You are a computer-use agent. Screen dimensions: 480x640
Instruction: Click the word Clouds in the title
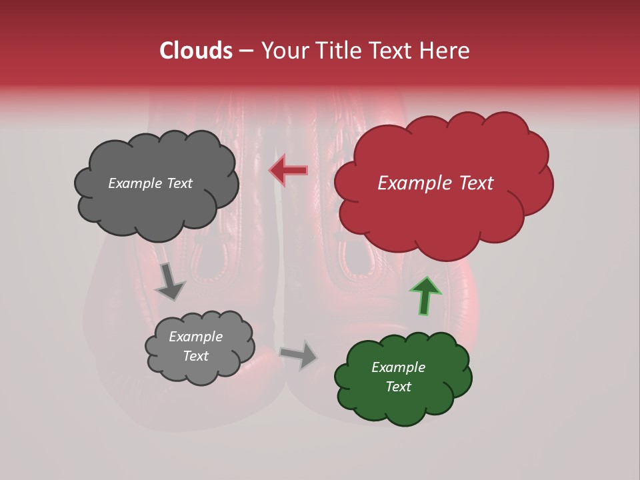(196, 51)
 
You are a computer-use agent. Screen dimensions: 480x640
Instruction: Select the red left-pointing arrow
(288, 171)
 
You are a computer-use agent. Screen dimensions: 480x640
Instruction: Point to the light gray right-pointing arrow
(299, 354)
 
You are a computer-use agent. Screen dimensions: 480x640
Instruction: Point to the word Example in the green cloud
(398, 367)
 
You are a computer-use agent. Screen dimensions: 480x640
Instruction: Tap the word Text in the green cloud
(398, 387)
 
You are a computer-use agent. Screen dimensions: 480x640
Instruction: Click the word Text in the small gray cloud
(195, 356)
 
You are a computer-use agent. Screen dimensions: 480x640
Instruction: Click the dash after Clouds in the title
(246, 51)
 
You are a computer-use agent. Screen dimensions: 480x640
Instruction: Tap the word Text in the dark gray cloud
(178, 183)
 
